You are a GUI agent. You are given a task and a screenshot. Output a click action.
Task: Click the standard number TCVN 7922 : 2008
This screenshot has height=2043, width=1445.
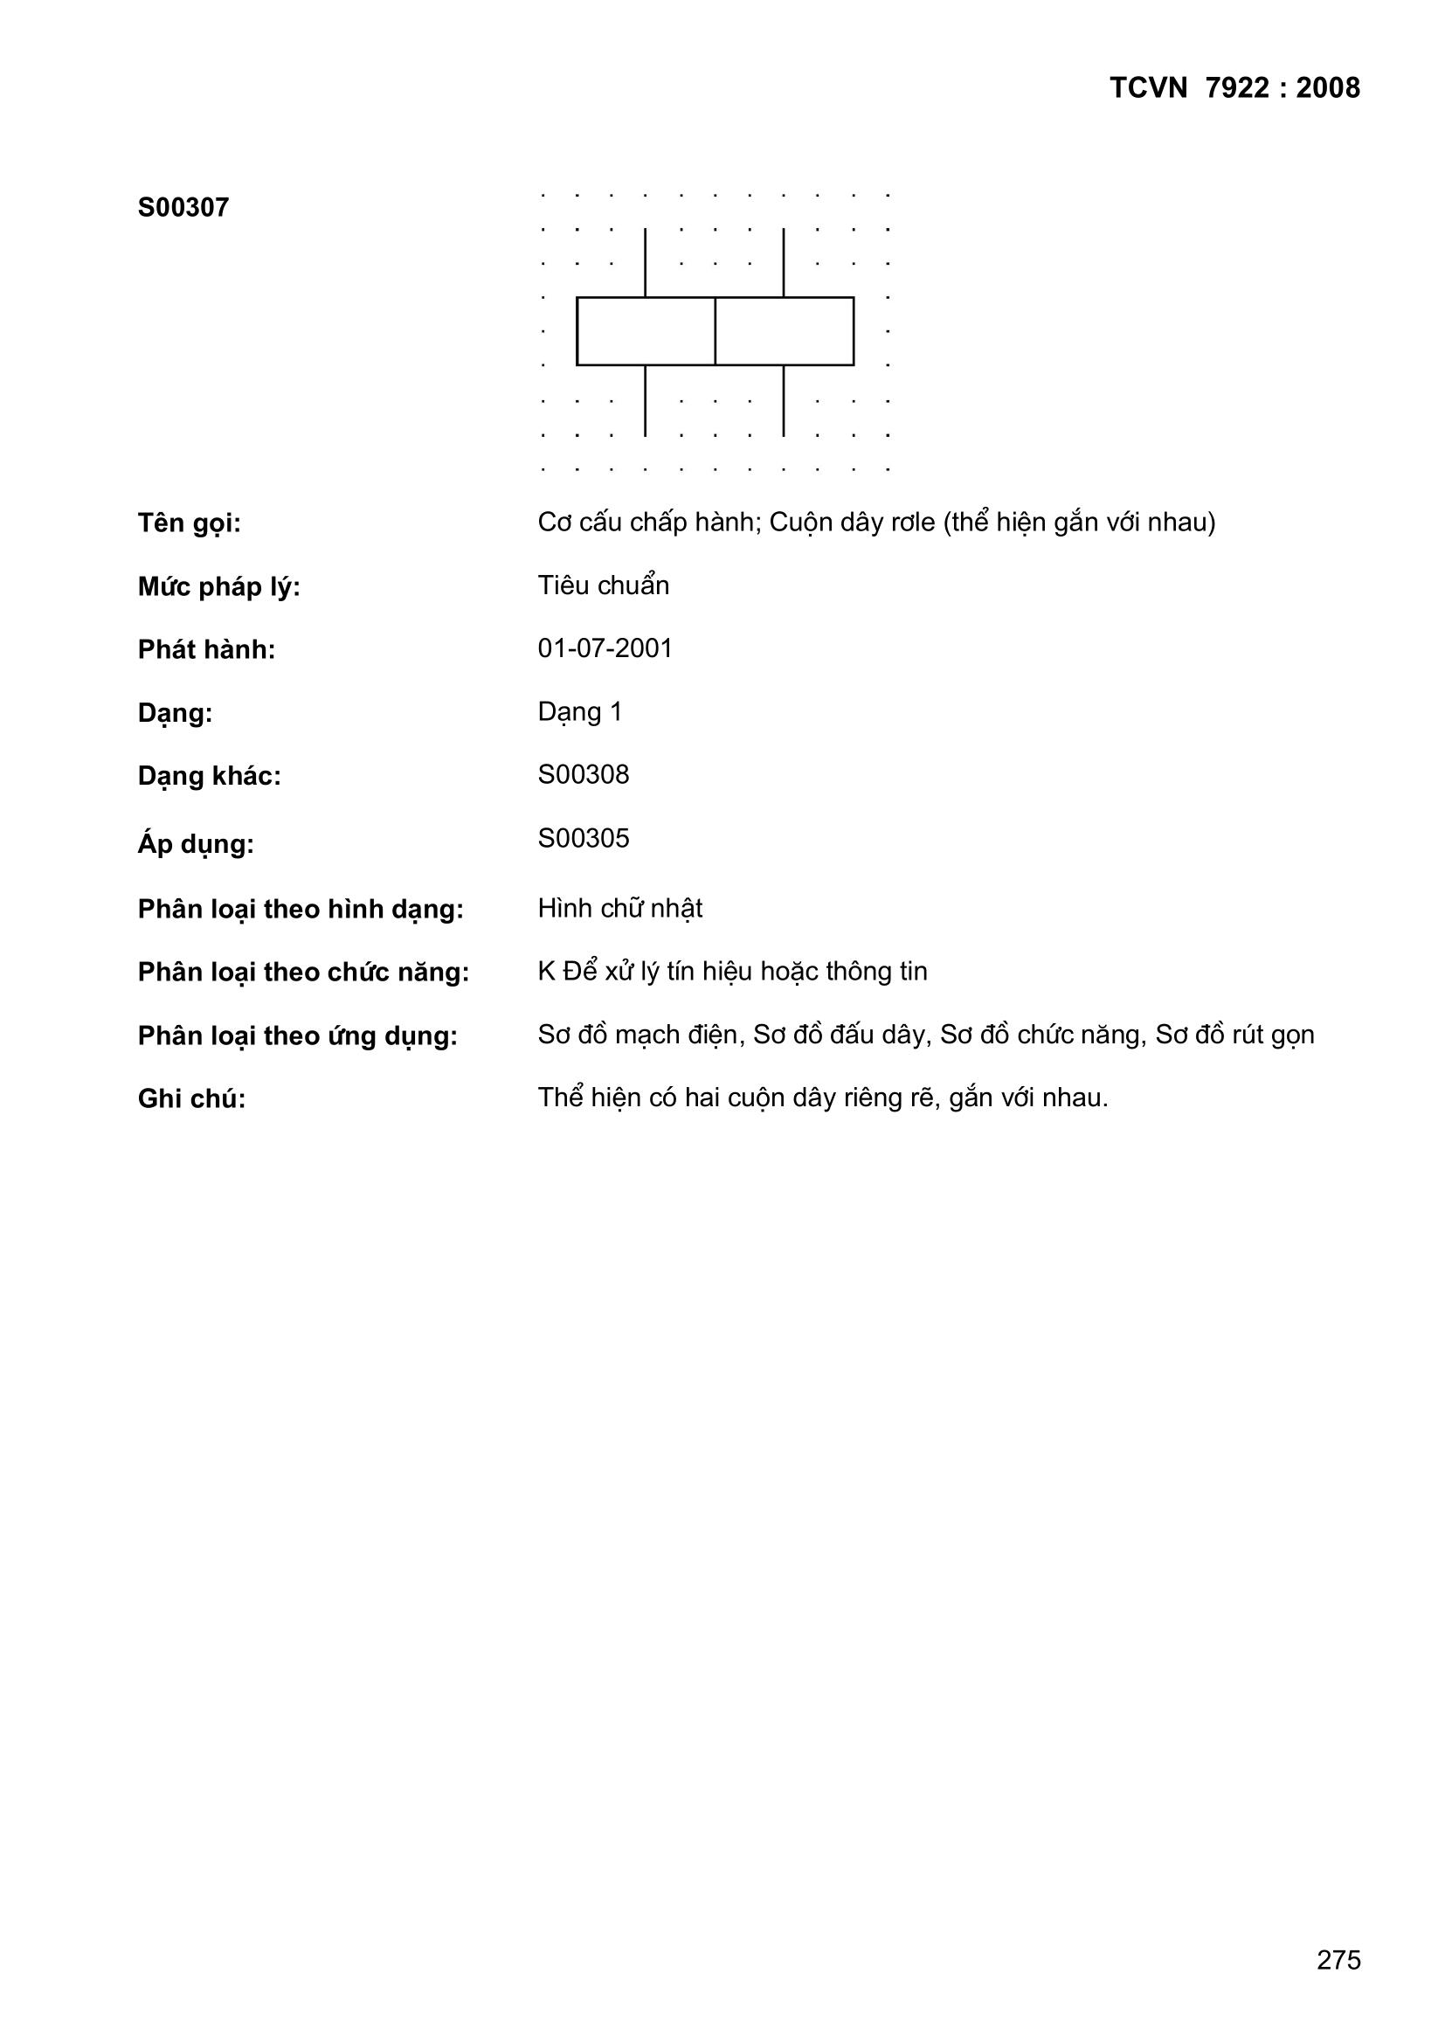tap(1234, 88)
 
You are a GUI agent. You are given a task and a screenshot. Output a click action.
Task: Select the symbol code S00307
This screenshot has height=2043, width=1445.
tap(183, 208)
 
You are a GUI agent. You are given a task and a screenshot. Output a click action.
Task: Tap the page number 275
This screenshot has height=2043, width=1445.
tap(1338, 1959)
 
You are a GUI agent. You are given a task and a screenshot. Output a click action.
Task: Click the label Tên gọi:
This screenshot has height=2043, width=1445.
tap(190, 523)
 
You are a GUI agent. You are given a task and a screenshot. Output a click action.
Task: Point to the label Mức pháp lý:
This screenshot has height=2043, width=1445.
tap(219, 587)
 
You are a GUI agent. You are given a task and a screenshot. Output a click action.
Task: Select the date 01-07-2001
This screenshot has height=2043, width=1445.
tap(605, 648)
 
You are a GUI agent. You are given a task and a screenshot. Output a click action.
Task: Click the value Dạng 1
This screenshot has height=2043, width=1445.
tap(579, 712)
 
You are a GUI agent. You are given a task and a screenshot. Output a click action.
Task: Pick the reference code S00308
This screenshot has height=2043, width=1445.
tap(583, 775)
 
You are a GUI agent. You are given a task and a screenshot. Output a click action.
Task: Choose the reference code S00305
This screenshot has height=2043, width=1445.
tap(583, 838)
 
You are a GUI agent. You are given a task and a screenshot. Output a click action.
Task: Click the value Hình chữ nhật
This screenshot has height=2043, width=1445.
tap(619, 909)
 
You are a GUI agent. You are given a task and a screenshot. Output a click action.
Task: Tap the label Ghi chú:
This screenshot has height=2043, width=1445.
tap(191, 1099)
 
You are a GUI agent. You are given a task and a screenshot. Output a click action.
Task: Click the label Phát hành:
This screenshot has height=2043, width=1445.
tap(206, 650)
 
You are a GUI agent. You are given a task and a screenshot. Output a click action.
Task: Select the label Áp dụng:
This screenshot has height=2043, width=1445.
tap(196, 843)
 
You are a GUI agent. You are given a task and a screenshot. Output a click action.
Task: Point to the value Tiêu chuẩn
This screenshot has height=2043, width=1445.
tap(603, 585)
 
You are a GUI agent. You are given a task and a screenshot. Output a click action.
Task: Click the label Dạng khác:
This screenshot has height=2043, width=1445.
tap(209, 777)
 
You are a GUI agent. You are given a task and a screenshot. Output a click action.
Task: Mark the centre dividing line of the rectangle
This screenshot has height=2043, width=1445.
tap(716, 331)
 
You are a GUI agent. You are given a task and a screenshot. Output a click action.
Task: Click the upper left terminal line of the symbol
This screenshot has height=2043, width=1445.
tap(645, 262)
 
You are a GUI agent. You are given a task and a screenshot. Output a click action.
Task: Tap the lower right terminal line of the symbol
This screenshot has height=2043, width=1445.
tap(784, 400)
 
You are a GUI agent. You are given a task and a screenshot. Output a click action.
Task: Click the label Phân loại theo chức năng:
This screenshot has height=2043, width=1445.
tap(302, 973)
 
